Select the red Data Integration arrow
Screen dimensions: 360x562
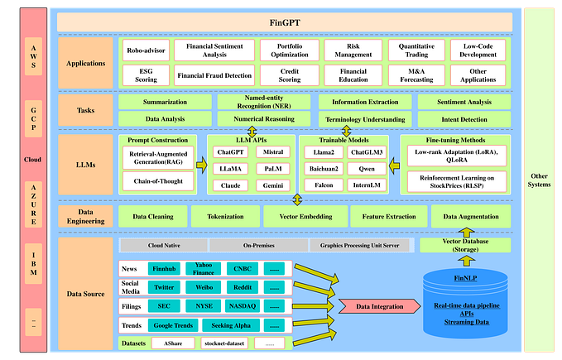click(x=375, y=306)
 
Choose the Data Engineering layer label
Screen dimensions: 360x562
click(x=85, y=216)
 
